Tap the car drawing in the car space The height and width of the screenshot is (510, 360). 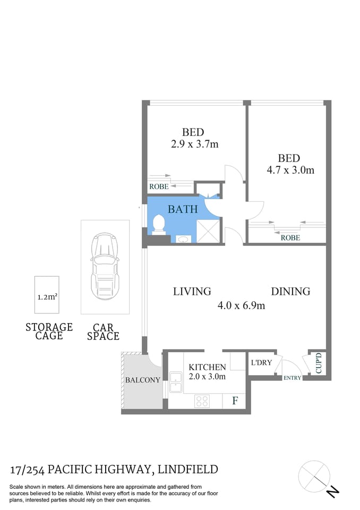tap(105, 267)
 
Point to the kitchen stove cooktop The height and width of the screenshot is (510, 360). tap(203, 401)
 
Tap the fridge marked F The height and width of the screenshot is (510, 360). tap(234, 401)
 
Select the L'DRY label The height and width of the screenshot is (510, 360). tap(261, 363)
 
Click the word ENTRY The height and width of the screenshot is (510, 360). tap(292, 378)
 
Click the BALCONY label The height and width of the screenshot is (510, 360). tap(142, 380)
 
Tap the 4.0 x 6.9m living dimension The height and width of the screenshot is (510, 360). tap(241, 305)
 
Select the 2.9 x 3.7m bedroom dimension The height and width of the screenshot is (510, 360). tap(194, 143)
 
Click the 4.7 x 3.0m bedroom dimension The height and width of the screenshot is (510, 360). tap(290, 170)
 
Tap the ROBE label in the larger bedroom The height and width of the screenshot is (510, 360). tap(290, 237)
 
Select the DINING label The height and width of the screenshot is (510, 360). tap(290, 291)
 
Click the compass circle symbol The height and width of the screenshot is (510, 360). tap(314, 476)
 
